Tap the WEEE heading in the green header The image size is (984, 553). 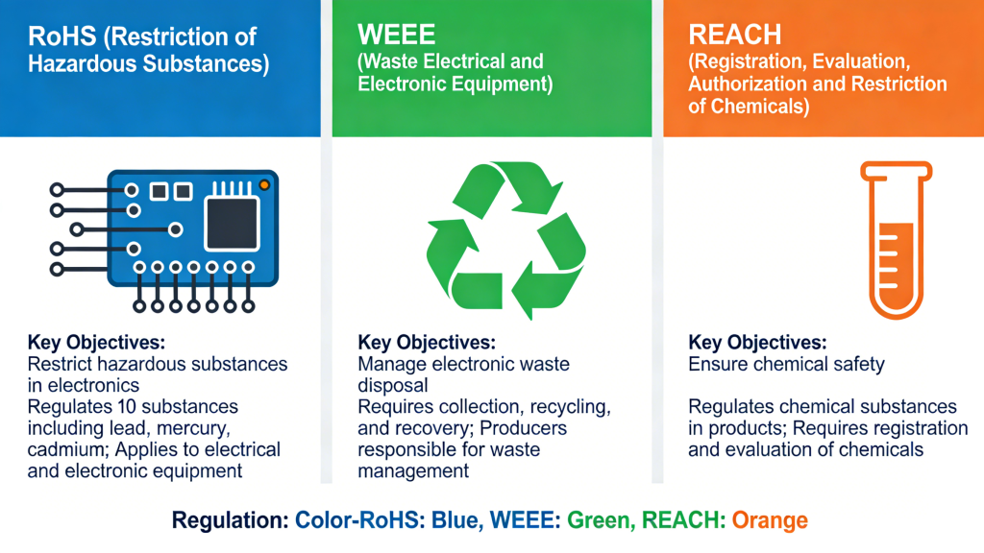tap(397, 36)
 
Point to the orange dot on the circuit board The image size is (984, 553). tap(264, 183)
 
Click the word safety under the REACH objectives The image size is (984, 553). tap(849, 365)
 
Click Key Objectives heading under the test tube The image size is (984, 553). tap(755, 344)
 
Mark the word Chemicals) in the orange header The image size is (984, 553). tap(759, 107)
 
